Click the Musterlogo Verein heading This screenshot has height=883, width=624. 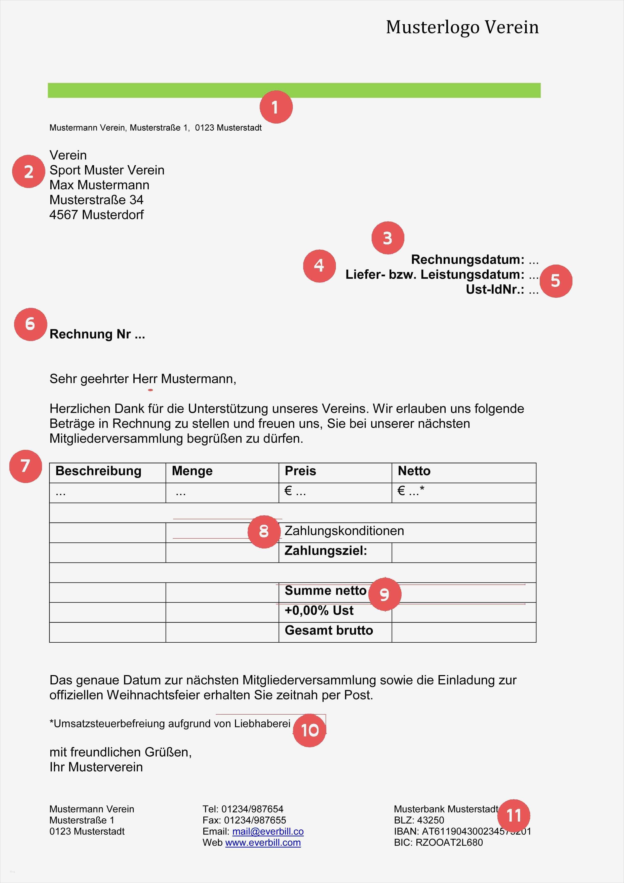tap(462, 27)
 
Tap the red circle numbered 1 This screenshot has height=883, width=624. tap(276, 107)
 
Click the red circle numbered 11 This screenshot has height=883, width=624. tap(513, 815)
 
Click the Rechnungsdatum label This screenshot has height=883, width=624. tap(467, 260)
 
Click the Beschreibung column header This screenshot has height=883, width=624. tap(98, 471)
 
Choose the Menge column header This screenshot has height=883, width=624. tap(192, 471)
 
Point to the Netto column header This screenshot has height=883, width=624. tap(414, 471)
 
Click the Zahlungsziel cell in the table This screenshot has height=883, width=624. tap(326, 551)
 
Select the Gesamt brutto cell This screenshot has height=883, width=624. tap(329, 630)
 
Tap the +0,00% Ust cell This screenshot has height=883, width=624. tap(319, 610)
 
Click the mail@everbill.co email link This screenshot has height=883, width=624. tap(268, 831)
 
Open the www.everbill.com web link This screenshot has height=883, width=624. tap(263, 843)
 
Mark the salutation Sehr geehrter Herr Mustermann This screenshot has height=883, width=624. tap(143, 379)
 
